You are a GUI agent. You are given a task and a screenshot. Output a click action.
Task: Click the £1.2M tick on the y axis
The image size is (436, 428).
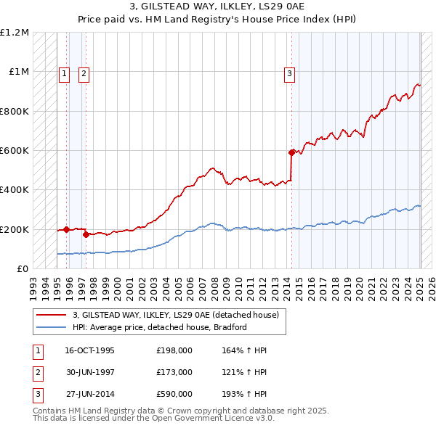click(x=15, y=33)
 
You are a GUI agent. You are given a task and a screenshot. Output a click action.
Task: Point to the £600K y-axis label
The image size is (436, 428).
click(x=15, y=151)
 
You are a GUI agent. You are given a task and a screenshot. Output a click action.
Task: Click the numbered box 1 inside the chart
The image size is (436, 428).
click(x=64, y=73)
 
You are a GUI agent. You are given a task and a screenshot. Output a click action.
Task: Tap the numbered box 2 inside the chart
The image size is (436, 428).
click(x=84, y=73)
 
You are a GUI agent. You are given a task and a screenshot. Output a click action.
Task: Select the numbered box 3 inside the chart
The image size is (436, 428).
click(x=289, y=73)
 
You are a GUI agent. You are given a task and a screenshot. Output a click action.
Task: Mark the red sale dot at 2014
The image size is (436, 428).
click(x=291, y=152)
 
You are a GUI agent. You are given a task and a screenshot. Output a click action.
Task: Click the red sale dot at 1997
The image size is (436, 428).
click(x=86, y=234)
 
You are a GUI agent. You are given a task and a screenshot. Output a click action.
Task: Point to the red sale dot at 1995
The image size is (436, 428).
click(x=66, y=229)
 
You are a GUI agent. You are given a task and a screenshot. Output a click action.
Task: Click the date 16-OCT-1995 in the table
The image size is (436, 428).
click(x=89, y=350)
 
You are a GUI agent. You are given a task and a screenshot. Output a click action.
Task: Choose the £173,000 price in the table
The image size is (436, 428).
click(x=174, y=372)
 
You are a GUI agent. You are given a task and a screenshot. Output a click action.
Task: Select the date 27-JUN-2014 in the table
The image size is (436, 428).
click(x=89, y=394)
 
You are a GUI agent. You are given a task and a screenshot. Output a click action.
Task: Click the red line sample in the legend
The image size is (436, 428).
click(x=52, y=315)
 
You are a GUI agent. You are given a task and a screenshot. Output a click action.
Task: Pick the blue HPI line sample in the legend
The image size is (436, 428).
click(x=52, y=327)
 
